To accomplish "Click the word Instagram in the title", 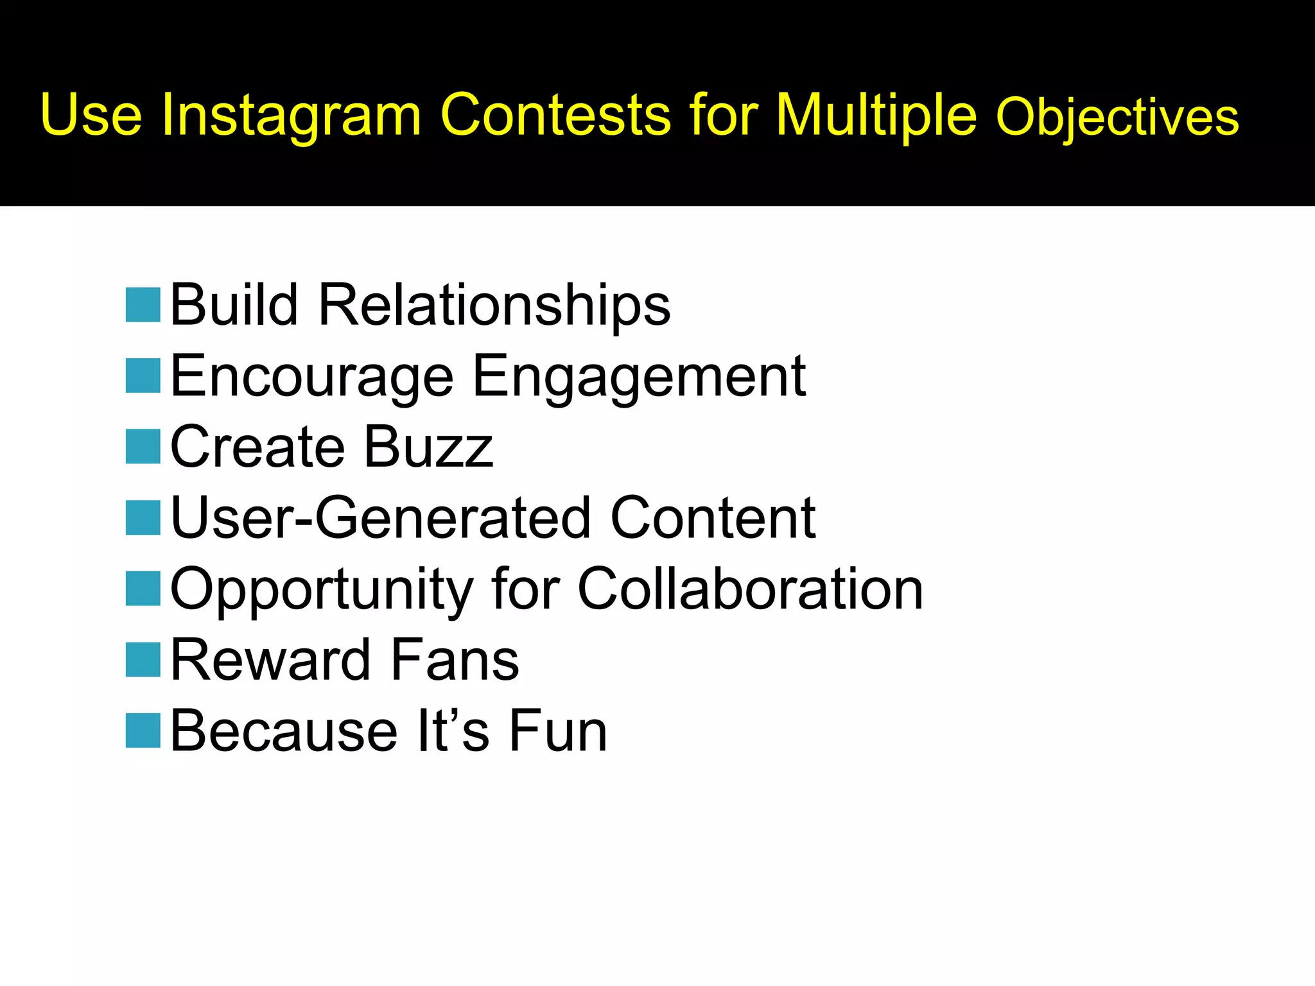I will coord(291,116).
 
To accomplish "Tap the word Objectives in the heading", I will coord(1117,117).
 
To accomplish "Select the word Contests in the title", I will coord(555,116).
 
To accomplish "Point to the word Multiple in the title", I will coord(876,116).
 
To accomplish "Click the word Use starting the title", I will coord(91,116).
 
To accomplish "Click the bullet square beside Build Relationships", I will coord(143,304).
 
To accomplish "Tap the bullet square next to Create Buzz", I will coord(143,446).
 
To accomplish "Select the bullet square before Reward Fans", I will coord(143,659).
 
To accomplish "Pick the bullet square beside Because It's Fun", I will coord(143,731).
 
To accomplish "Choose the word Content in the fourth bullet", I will coord(713,518).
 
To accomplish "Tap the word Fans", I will coord(455,661).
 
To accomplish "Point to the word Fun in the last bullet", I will coord(558,732).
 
